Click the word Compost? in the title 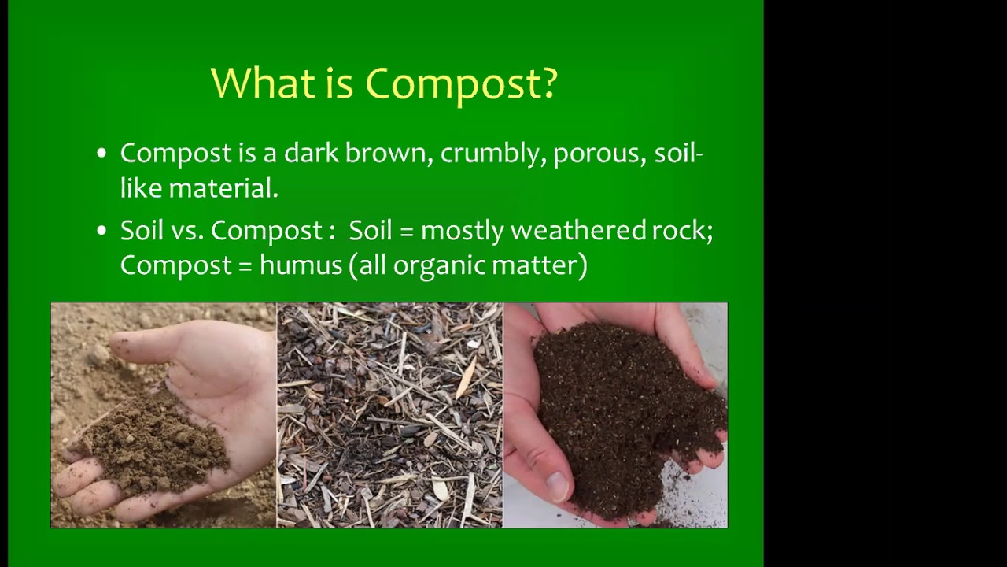click(462, 83)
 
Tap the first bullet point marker click(101, 154)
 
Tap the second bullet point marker click(101, 232)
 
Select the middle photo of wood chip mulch click(389, 415)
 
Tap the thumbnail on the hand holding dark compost click(558, 486)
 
